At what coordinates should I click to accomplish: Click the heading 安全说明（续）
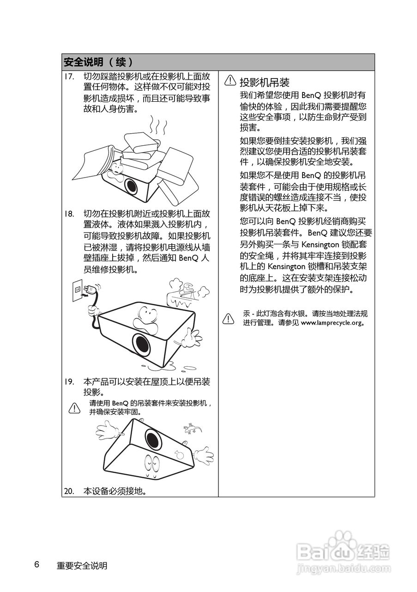[x=99, y=62]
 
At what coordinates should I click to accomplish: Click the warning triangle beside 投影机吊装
[x=230, y=81]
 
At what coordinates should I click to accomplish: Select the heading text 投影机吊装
[x=264, y=82]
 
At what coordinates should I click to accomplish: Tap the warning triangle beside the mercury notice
[x=229, y=318]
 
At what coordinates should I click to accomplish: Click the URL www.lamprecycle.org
[x=331, y=323]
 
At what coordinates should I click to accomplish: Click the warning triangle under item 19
[x=74, y=407]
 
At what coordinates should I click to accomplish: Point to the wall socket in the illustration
[x=78, y=290]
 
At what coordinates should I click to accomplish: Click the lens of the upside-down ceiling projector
[x=153, y=437]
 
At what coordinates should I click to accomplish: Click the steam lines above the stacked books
[x=157, y=125]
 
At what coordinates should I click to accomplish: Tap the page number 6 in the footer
[x=36, y=565]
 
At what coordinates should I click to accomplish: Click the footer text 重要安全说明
[x=82, y=566]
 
